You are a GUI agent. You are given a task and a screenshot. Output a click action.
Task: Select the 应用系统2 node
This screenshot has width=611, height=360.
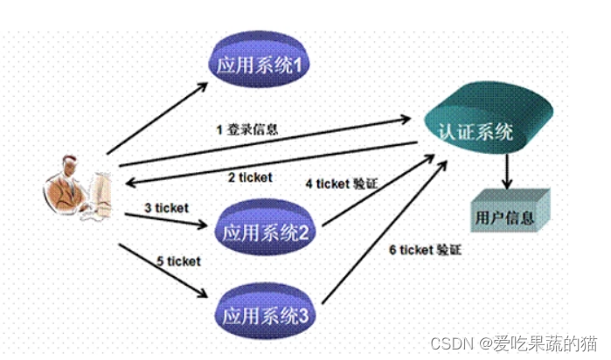(x=262, y=232)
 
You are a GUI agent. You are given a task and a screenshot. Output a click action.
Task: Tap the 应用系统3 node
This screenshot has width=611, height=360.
(x=262, y=311)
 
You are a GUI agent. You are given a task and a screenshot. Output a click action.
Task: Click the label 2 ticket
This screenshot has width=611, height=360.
(x=250, y=177)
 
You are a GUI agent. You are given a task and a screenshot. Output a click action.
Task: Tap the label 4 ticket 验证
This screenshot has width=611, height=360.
(x=343, y=184)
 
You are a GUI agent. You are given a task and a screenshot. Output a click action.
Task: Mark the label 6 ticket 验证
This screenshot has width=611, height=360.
(x=425, y=251)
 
